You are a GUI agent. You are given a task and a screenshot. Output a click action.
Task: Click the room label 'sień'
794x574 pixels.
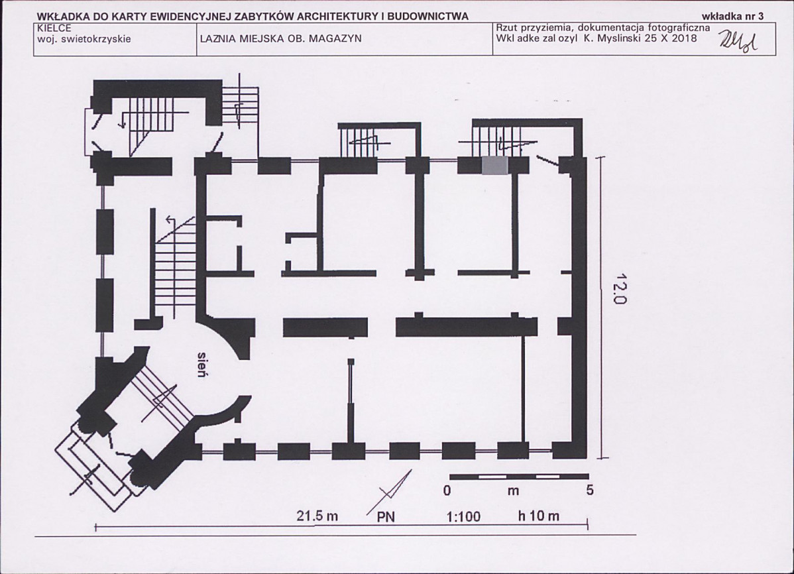click(203, 364)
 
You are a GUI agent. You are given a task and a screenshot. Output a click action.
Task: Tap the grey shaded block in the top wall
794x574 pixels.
click(494, 166)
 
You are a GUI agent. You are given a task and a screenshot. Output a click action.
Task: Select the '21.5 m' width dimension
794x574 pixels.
click(317, 516)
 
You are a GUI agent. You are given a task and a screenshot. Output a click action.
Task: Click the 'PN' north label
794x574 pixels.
click(386, 517)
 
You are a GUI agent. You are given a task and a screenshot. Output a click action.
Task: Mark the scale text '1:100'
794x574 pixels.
click(463, 517)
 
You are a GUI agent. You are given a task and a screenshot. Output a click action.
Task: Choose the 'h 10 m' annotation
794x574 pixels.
click(538, 516)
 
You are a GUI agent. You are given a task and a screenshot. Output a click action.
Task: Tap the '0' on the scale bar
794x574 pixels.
click(447, 490)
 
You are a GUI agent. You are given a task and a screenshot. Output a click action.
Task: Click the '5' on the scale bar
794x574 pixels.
click(589, 490)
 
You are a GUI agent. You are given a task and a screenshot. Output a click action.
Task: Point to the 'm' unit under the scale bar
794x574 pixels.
click(513, 491)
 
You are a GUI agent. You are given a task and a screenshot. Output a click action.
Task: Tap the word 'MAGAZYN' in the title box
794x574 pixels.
click(336, 38)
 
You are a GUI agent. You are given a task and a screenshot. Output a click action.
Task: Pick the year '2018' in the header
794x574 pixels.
click(685, 38)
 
